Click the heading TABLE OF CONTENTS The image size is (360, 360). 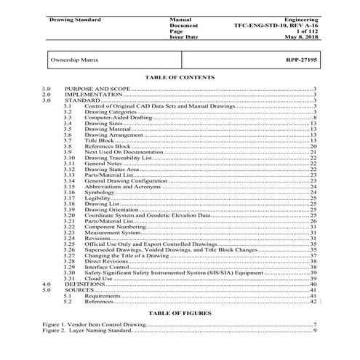[179, 76]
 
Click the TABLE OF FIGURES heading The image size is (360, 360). [179, 313]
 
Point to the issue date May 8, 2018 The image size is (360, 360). [299, 36]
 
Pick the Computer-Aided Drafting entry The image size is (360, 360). [116, 118]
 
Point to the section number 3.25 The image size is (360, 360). [70, 244]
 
